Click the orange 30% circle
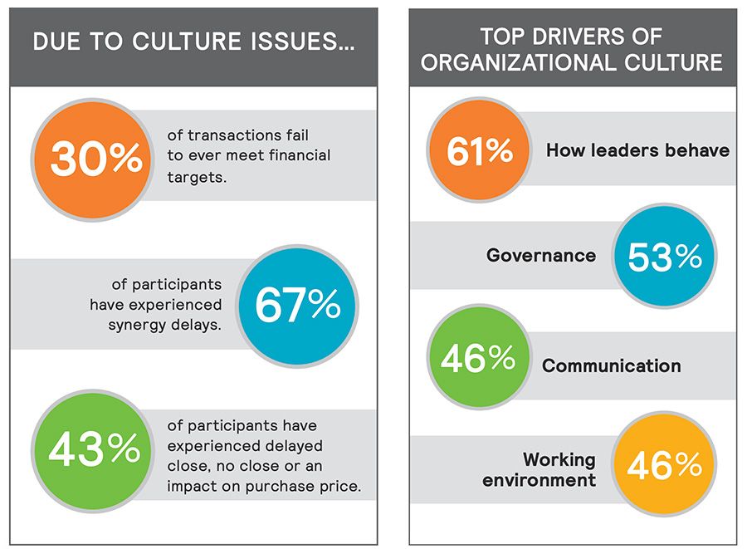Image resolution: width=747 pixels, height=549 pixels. coord(95,159)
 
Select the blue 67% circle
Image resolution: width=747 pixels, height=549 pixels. coord(297,306)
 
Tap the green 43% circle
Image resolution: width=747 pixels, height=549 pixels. coord(95,449)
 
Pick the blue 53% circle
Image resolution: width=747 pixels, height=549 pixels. coord(664,257)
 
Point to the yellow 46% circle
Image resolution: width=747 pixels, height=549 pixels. coord(664,466)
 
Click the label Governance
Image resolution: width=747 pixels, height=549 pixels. coord(541,256)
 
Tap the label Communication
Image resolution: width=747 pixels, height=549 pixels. coord(612,365)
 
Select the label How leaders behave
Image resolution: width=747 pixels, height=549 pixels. coord(637,150)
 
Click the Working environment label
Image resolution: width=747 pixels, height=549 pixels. coord(559,469)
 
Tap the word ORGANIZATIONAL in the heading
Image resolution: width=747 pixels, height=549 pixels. coord(511,63)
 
